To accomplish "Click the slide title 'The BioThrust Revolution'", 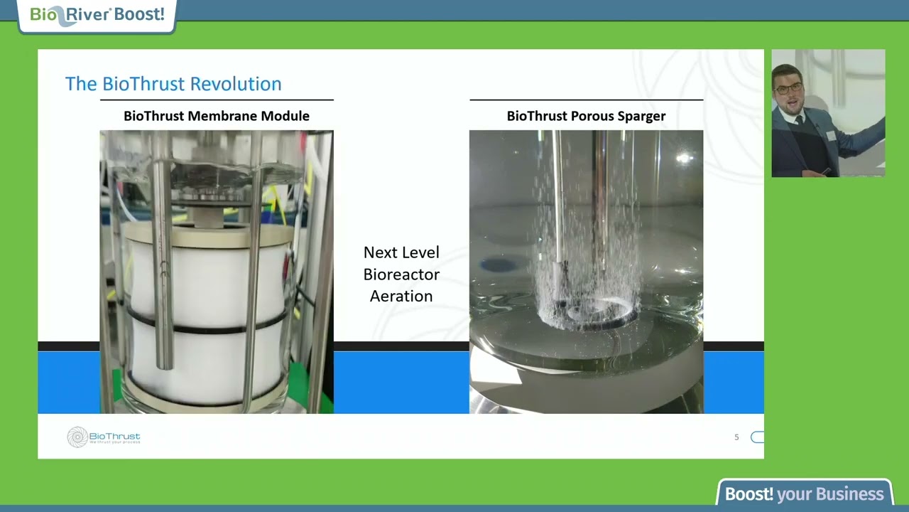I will point(173,84).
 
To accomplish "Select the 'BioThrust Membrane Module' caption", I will point(217,116).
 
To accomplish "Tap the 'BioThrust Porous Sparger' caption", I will point(586,116).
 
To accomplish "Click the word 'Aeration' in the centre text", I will point(401,296).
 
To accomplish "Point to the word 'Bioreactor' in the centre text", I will point(401,274).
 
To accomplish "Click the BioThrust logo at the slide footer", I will point(104,437).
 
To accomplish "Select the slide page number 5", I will point(736,437).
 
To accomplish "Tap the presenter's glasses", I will point(788,89).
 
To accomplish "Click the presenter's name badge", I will point(830,136).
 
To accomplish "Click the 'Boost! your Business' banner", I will point(805,494).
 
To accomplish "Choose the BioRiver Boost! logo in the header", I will point(97,15).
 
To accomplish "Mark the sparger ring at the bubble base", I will point(589,313).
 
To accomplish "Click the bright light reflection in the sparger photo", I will point(684,159).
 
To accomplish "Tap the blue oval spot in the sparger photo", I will point(499,265).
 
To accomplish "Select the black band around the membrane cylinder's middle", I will point(206,328).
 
